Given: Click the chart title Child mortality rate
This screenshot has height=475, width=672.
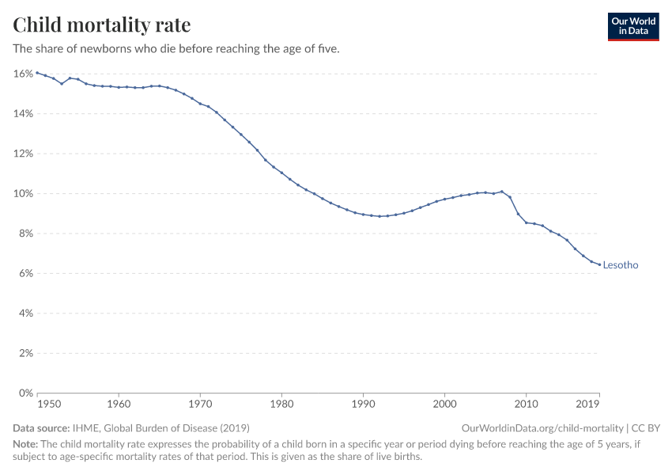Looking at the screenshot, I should [x=102, y=25].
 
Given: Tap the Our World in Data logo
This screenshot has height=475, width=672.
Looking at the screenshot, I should [x=632, y=26].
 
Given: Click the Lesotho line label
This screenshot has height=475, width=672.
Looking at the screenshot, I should [x=620, y=265].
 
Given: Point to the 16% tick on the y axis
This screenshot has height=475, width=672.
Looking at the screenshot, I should [x=23, y=74].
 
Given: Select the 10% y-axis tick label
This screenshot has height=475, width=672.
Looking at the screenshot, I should [x=23, y=193].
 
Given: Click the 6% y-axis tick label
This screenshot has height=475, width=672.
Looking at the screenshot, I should [x=25, y=273].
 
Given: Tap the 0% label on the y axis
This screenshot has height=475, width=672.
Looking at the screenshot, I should [x=25, y=393].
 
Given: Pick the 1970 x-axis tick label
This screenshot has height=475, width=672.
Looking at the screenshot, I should [x=200, y=404].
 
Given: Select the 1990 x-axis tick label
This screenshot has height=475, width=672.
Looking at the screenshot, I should [x=363, y=404].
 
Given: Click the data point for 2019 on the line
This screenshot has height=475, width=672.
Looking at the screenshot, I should [x=599, y=264].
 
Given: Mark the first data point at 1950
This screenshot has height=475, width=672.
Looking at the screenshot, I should [x=37, y=73].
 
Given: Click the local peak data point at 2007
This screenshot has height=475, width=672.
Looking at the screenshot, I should [x=501, y=192].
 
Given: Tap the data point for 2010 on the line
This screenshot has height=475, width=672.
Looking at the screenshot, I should [x=526, y=222].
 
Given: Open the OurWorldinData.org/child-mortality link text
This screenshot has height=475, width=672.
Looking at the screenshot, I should [x=542, y=427].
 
